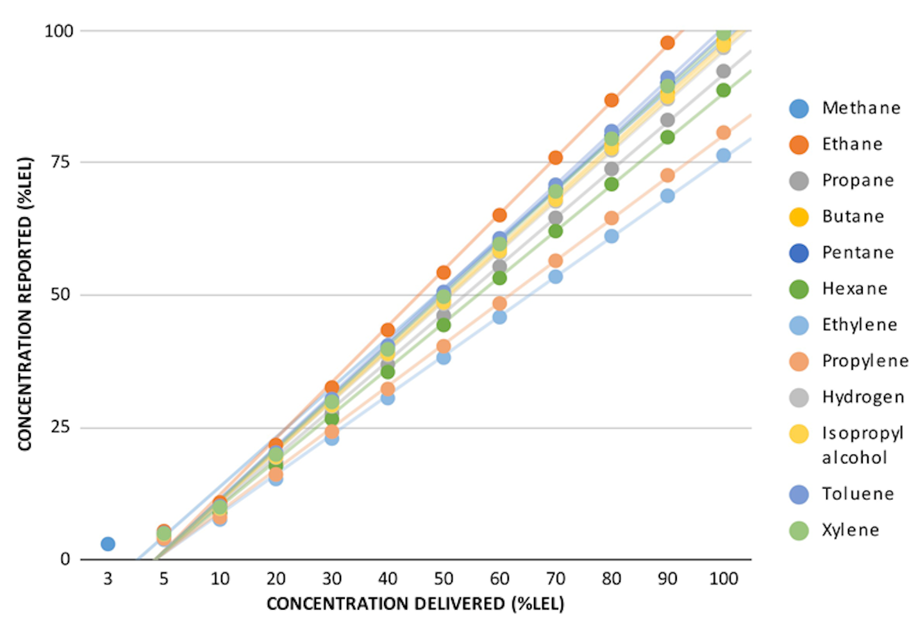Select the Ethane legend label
(852, 144)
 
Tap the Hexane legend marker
(799, 289)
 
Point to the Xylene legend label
(851, 530)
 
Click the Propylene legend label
(865, 361)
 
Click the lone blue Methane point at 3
(108, 544)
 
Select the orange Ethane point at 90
(667, 43)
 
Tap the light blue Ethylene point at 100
(723, 155)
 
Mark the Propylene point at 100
(723, 133)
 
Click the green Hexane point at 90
(667, 137)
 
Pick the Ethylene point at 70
(555, 276)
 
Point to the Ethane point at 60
(499, 215)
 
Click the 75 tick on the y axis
(60, 162)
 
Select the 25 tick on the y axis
(60, 428)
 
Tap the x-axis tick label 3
(108, 579)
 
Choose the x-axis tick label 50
(444, 579)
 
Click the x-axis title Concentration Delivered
(415, 604)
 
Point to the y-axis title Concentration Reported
(24, 304)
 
